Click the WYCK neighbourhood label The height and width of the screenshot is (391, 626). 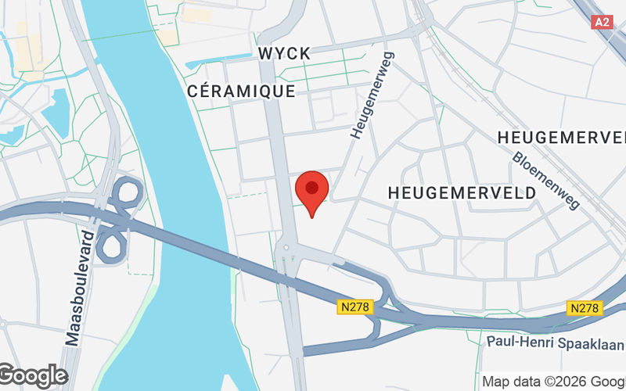pyautogui.click(x=283, y=53)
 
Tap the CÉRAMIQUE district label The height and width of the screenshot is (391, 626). pyautogui.click(x=242, y=91)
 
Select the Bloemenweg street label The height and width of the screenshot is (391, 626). pyautogui.click(x=547, y=180)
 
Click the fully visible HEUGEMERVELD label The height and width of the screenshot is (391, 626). pyautogui.click(x=462, y=192)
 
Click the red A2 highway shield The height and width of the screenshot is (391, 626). pyautogui.click(x=601, y=22)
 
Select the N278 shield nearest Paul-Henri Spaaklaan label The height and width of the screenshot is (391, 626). pyautogui.click(x=586, y=308)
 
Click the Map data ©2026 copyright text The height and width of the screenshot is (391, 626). pyautogui.click(x=552, y=382)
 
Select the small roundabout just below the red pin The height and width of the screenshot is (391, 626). pyautogui.click(x=286, y=248)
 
